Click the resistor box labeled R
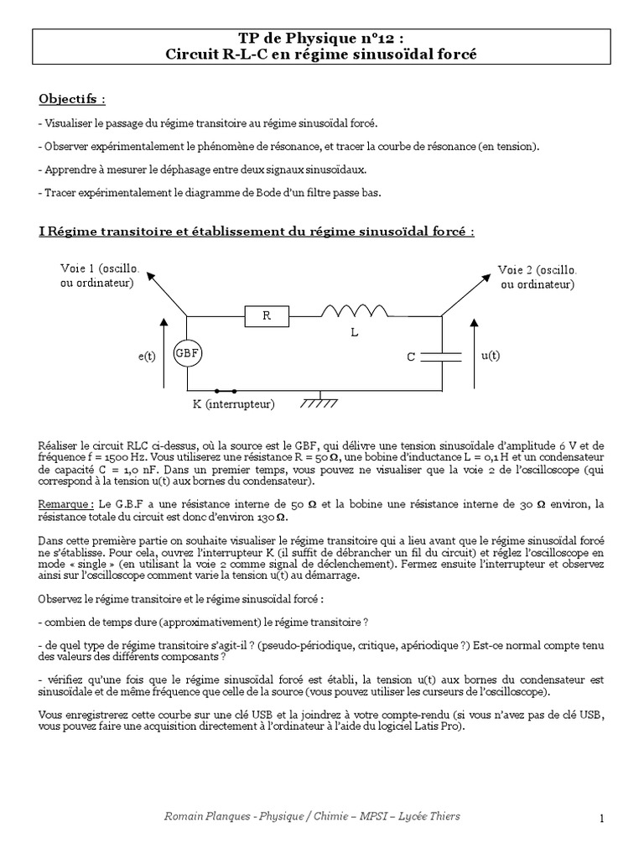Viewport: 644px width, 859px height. (x=267, y=316)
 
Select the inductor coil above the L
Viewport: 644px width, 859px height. (x=355, y=311)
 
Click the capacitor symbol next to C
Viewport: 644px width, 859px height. (x=441, y=357)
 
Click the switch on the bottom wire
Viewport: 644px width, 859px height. (x=226, y=391)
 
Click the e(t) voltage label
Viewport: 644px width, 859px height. (x=148, y=357)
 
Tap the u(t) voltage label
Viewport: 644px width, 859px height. (x=491, y=355)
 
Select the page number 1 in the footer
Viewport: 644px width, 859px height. (x=602, y=818)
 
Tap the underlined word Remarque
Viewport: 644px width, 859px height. (x=66, y=504)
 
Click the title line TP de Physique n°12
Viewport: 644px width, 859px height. (x=321, y=39)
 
